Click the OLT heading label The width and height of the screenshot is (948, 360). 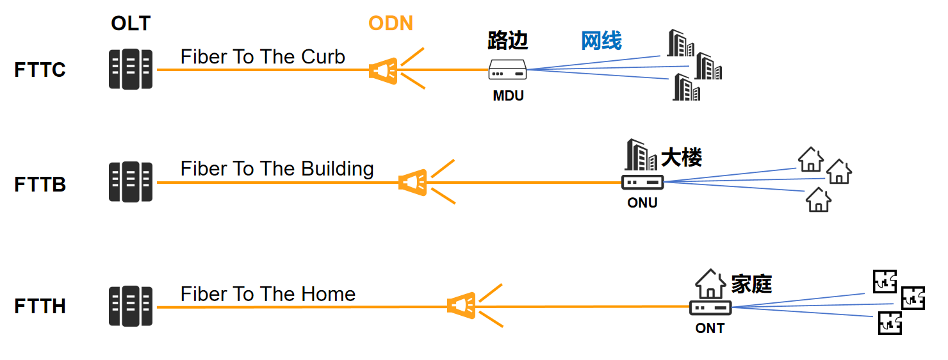(x=131, y=23)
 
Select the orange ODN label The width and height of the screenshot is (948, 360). (x=391, y=23)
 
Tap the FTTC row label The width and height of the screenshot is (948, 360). (x=40, y=70)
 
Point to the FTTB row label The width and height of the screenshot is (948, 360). (x=40, y=184)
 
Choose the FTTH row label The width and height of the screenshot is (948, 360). (x=40, y=306)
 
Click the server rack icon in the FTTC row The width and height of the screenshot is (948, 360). (x=131, y=69)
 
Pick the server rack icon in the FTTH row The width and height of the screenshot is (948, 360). (x=131, y=306)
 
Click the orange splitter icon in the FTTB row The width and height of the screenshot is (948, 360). (x=413, y=183)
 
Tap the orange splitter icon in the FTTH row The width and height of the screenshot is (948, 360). (x=461, y=306)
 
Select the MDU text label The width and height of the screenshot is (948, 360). (x=509, y=96)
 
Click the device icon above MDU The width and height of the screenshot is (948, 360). (x=508, y=70)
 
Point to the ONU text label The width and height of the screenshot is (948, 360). (x=642, y=203)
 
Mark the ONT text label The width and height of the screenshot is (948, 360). (x=710, y=328)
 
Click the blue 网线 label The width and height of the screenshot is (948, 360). (x=601, y=41)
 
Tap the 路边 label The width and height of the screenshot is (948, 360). (x=508, y=41)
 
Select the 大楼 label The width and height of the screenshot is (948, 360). (x=682, y=158)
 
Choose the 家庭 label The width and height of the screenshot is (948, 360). (x=751, y=284)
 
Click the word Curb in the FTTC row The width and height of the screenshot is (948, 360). (x=323, y=57)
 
